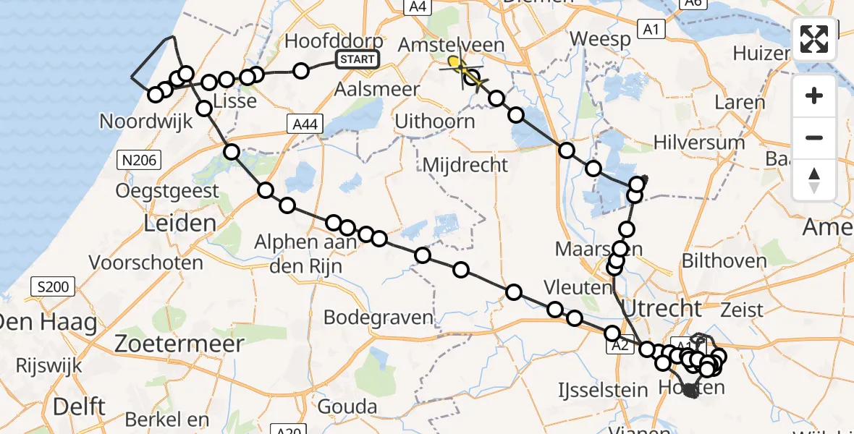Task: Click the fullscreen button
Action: pyautogui.click(x=814, y=39)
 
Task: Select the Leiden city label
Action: pyautogui.click(x=180, y=223)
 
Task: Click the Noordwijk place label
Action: pyautogui.click(x=146, y=121)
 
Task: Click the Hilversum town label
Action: pyautogui.click(x=698, y=142)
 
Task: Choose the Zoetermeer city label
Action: pyautogui.click(x=179, y=344)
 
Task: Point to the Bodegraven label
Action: pyautogui.click(x=378, y=317)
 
